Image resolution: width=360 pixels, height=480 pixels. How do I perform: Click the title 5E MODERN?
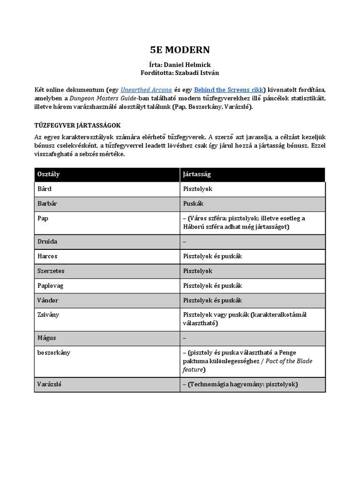[180, 50]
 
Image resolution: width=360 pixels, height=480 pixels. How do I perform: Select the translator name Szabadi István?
[197, 73]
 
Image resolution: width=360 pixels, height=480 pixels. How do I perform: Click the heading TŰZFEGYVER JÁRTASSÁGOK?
[78, 125]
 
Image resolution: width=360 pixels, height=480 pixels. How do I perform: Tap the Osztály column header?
[48, 174]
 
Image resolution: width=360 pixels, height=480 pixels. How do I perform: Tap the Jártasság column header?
[197, 174]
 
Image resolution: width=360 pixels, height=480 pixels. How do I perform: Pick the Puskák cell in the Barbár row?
[193, 204]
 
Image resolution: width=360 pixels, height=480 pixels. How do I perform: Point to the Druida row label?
[47, 241]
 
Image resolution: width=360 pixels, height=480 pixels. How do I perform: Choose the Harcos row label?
[47, 256]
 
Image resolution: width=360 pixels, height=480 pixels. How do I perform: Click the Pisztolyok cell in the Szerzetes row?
[198, 271]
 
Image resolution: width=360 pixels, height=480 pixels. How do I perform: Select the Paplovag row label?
[50, 285]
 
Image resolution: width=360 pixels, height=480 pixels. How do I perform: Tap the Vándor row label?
[48, 300]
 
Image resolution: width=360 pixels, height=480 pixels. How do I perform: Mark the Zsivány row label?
[48, 315]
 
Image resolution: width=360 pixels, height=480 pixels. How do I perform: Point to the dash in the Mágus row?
[185, 337]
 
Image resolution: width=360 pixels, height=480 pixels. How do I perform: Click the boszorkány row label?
[53, 352]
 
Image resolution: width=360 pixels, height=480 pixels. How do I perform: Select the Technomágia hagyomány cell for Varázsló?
[240, 384]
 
